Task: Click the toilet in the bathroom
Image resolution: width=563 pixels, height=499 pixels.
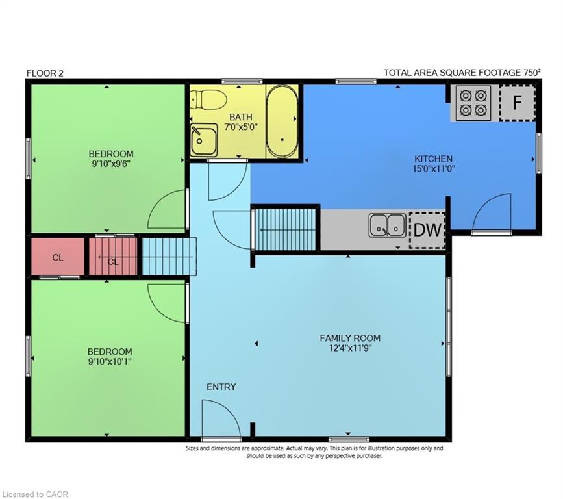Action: (x=208, y=99)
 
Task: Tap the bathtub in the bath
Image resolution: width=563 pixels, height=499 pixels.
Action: (x=282, y=122)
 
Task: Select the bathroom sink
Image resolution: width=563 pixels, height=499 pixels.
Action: (x=204, y=140)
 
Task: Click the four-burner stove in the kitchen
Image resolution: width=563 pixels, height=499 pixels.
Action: (x=473, y=103)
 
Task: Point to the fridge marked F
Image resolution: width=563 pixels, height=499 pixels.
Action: (x=517, y=103)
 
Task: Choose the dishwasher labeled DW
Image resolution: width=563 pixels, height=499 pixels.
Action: (x=427, y=230)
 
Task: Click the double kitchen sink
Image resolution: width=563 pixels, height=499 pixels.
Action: (x=388, y=225)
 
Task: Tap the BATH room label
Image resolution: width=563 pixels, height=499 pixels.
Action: (x=241, y=117)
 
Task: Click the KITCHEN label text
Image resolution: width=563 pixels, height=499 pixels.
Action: (x=433, y=159)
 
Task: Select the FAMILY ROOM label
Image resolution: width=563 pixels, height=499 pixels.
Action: (x=350, y=338)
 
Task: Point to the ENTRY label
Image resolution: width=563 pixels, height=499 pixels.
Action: (x=221, y=387)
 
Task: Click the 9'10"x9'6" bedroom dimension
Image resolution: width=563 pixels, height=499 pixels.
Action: (x=111, y=164)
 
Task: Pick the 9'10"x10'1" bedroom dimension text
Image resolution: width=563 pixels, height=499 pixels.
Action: (x=110, y=361)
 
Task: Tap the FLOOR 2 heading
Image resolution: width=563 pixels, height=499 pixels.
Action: (x=45, y=73)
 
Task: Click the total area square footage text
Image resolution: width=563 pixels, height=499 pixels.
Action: (x=462, y=73)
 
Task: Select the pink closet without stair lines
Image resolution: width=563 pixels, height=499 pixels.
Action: (x=58, y=257)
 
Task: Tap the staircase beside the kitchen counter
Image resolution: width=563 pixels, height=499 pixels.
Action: (x=286, y=229)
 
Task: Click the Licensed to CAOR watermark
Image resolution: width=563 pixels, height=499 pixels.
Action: (x=35, y=494)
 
